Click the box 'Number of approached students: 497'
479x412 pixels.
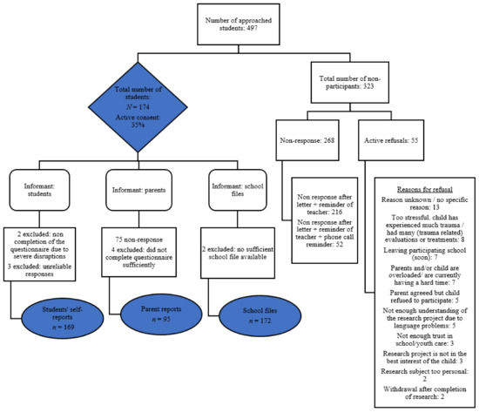[x=239, y=29]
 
